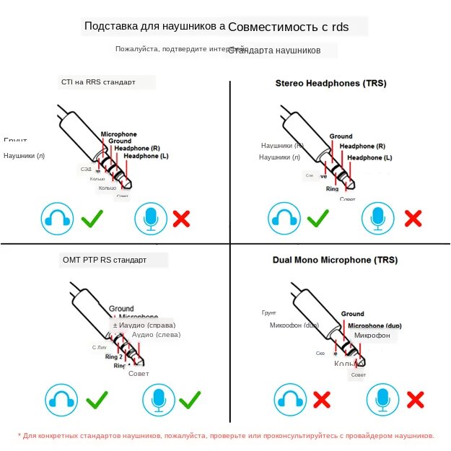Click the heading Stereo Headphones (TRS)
330,83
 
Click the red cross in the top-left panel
181,218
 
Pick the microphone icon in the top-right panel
377,219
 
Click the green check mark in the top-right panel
318,218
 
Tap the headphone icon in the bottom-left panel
61,399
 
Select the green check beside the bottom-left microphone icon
189,399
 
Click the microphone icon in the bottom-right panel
383,399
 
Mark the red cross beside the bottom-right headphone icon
322,399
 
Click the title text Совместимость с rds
288,27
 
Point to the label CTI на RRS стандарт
98,82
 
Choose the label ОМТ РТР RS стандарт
105,260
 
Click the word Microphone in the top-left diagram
118,134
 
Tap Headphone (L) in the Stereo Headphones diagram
369,157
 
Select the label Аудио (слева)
157,335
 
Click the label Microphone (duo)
375,326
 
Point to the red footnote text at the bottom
226,436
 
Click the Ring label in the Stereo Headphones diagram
332,189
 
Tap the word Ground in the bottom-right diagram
352,314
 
